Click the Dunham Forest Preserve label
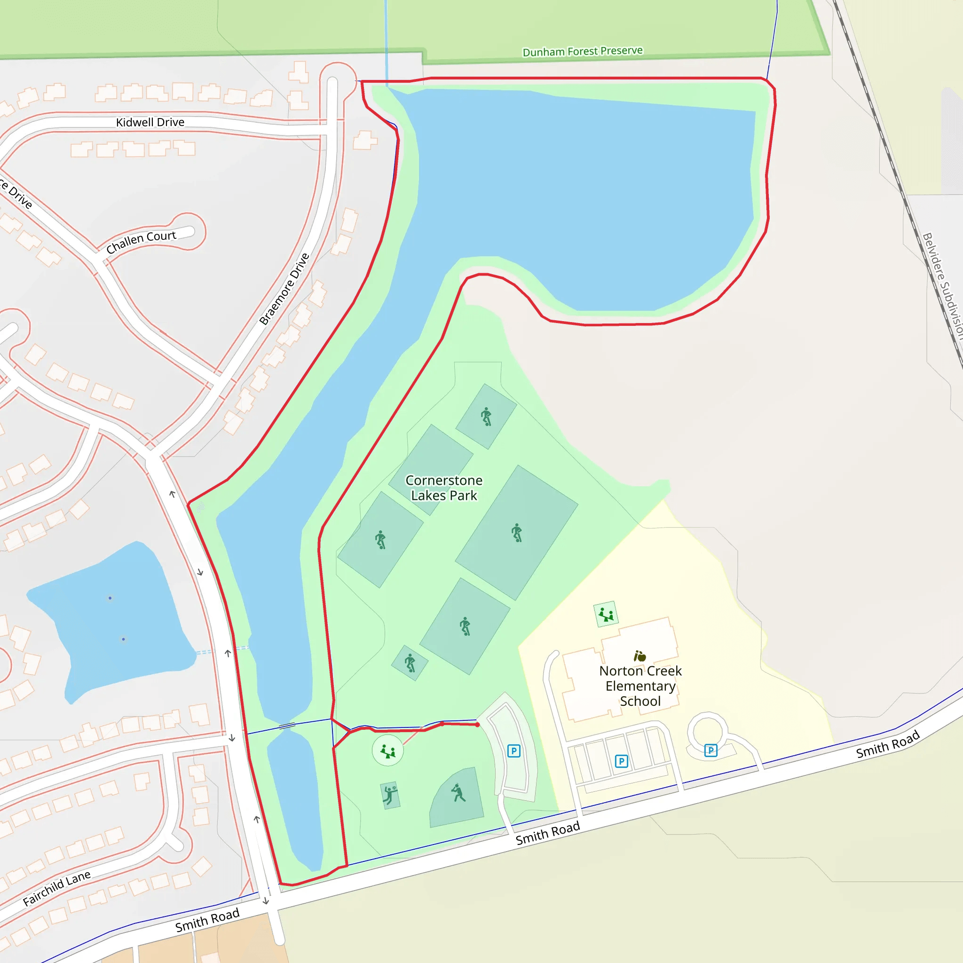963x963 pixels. coord(582,51)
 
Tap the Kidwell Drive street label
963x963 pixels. coord(150,122)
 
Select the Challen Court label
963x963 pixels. coord(141,242)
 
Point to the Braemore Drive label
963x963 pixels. coord(284,289)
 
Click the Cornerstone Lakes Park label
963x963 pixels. coord(443,488)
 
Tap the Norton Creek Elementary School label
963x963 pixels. coord(640,686)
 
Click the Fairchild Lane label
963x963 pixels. coord(57,888)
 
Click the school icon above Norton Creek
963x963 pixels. coord(639,656)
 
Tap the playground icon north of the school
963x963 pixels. coord(606,614)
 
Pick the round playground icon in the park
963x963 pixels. coord(388,750)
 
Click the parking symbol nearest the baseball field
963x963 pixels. coord(514,750)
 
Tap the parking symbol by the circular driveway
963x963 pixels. coord(711,750)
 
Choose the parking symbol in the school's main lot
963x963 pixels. coord(621,761)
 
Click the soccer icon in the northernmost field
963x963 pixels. coord(487,416)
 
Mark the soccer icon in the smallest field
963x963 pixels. coord(410,663)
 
